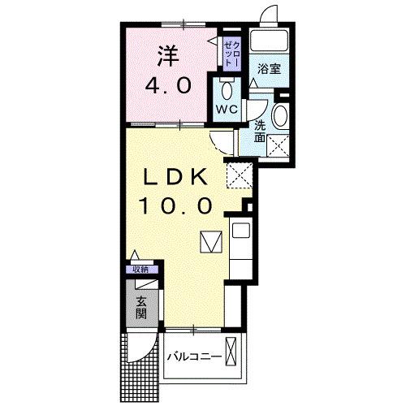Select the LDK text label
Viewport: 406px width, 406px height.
coord(179,177)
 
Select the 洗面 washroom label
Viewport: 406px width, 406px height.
coord(259,132)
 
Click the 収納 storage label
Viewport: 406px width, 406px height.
coord(140,270)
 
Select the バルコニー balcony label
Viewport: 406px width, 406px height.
coord(194,356)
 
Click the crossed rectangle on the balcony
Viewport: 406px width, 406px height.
coord(234,354)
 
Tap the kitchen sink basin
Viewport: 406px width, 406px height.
coord(241,231)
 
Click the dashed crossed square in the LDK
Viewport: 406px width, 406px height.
coord(239,173)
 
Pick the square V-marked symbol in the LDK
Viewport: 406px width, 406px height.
coord(209,242)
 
